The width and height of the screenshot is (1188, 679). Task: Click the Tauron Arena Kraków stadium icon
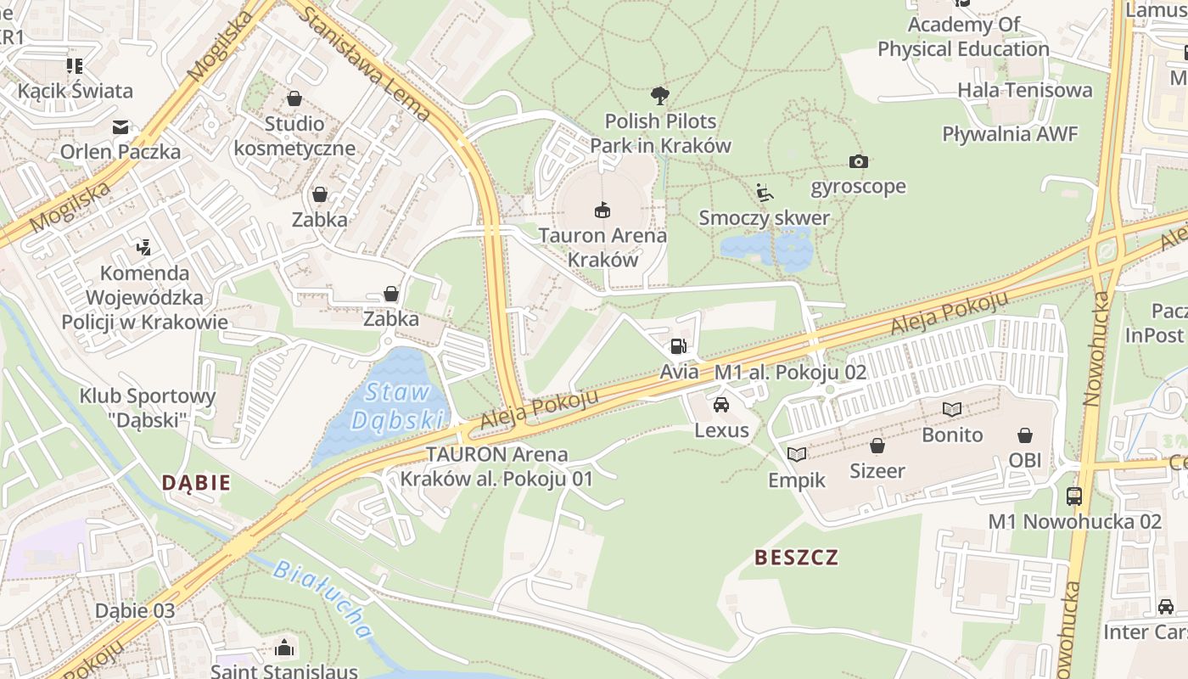click(602, 209)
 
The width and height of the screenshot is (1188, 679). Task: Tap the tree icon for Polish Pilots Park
click(659, 95)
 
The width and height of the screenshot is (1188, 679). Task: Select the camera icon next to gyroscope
click(858, 161)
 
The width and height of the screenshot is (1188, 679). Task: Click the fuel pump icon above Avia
click(678, 345)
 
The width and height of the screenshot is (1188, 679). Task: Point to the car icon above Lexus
click(720, 404)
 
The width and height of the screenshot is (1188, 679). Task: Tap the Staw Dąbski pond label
click(398, 406)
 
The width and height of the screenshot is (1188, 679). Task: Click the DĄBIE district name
click(196, 483)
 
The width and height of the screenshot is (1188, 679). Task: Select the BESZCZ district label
click(796, 557)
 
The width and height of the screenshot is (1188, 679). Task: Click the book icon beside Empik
click(796, 454)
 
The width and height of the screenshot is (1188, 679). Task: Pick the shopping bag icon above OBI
click(1025, 435)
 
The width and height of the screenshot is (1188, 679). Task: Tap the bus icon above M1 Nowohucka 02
click(1074, 496)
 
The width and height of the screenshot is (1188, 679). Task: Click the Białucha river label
click(323, 598)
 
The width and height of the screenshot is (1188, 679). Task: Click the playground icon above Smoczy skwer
click(764, 193)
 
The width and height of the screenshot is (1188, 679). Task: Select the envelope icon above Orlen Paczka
click(120, 127)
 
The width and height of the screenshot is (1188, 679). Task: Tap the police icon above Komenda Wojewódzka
click(143, 248)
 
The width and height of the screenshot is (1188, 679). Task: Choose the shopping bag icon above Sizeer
click(877, 445)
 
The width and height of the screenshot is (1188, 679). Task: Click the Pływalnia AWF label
click(1010, 134)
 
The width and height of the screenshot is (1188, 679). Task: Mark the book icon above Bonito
click(952, 409)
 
